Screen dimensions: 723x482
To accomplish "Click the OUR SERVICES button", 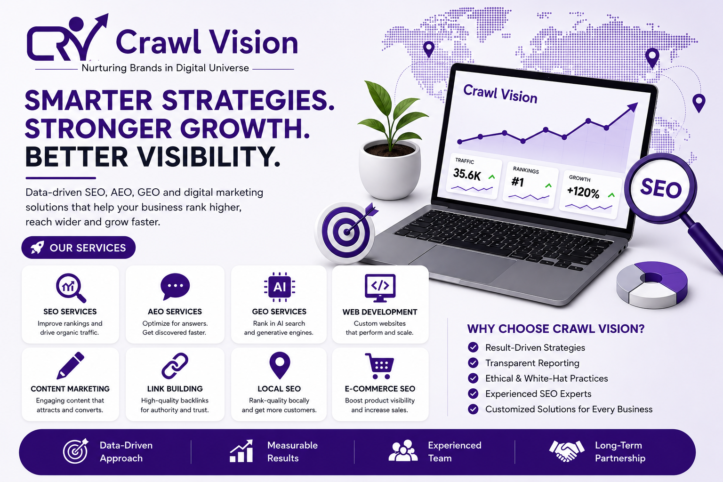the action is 79,248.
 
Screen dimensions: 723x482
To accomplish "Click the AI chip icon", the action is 280,287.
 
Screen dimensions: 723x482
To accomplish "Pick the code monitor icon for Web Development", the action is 380,288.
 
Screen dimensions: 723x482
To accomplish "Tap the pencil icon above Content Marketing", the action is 70,366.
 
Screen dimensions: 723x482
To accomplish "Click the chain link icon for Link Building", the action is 175,366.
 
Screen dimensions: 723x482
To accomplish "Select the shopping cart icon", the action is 379,366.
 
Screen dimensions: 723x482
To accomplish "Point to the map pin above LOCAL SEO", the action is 280,365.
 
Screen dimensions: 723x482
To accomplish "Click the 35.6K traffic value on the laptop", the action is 467,175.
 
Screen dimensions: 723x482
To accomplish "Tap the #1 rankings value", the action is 518,182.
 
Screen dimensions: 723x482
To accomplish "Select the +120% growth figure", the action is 583,192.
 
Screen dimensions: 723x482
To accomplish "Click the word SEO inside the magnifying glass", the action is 661,188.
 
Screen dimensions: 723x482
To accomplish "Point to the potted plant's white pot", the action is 390,169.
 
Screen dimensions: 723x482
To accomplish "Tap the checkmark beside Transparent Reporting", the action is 473,363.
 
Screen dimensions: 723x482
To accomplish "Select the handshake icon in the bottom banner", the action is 566,450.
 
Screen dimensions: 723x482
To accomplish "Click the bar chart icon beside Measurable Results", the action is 241,451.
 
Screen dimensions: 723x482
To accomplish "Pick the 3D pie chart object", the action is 651,285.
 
